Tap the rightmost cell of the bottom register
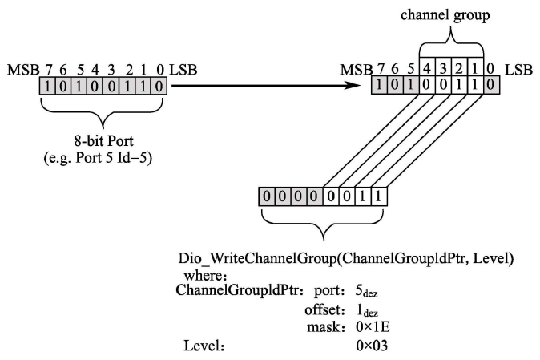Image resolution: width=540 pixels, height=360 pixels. click(381, 196)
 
